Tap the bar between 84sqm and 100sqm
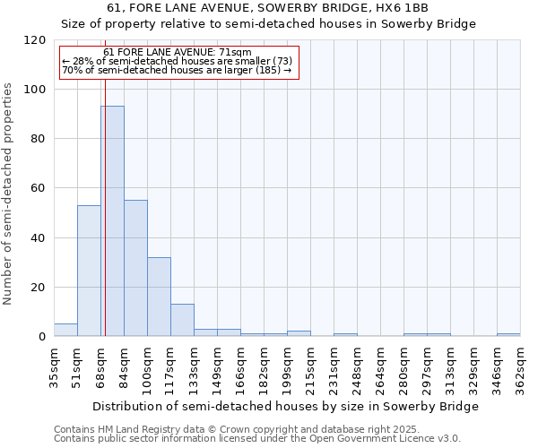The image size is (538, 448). (135, 268)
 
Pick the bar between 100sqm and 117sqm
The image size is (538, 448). (159, 297)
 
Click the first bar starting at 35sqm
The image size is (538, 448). (65, 330)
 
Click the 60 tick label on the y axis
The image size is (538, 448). (39, 188)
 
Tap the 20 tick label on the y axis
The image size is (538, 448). (39, 288)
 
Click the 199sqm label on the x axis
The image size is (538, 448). (288, 367)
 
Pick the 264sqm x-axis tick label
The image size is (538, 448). (381, 367)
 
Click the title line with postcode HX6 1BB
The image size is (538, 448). (268, 8)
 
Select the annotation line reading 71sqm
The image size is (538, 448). (178, 52)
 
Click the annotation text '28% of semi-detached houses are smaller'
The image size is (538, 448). (178, 61)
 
